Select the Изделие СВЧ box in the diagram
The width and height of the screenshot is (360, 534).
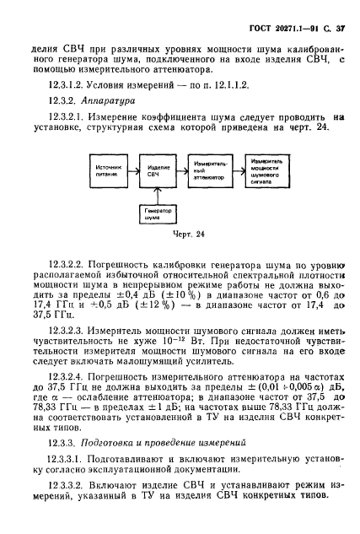click(153, 173)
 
